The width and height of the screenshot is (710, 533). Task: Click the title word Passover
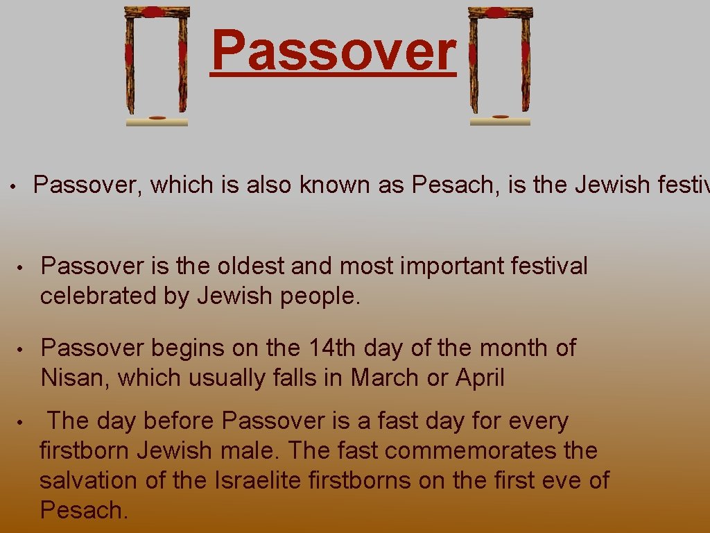point(334,51)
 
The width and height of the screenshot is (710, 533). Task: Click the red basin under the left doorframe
point(157,119)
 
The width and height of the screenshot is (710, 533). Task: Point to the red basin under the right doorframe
point(500,117)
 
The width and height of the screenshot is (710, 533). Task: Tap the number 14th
point(327,348)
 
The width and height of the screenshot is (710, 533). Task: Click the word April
point(479,378)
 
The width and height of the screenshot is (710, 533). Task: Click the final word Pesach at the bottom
point(83,510)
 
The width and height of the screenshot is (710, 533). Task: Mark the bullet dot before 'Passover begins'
point(21,348)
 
